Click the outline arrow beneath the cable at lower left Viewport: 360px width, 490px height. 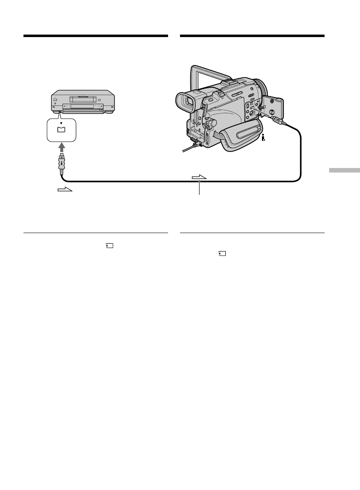point(65,191)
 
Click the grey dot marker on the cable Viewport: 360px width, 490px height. point(200,181)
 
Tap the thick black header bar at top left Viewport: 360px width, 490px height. point(96,36)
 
